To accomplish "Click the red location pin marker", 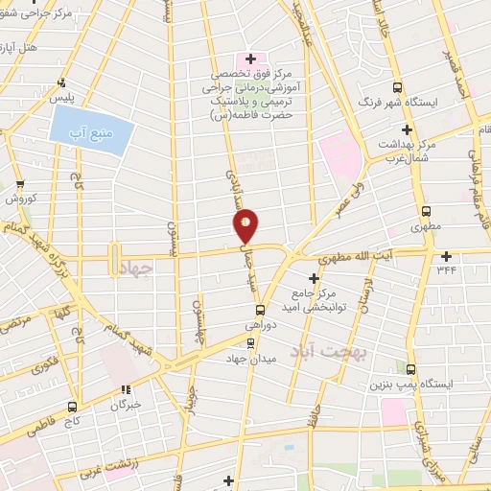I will click(246, 225).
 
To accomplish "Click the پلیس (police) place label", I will click(62, 99).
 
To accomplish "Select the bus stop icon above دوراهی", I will click(260, 309).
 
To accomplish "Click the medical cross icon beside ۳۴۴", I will click(446, 256).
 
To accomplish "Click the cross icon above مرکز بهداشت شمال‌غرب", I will click(407, 129).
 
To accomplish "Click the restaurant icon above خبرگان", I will click(125, 389).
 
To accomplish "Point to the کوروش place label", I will click(22, 199).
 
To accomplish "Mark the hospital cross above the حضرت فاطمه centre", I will click(250, 59).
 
